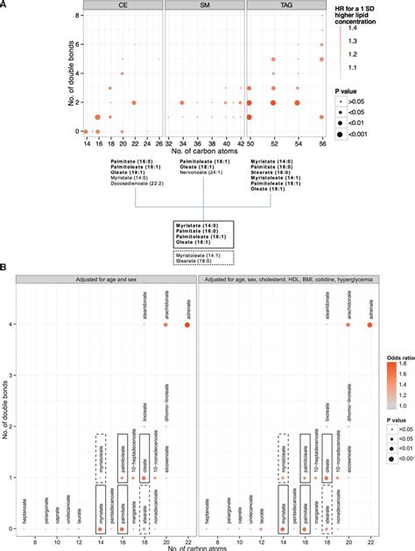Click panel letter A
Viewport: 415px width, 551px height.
point(6,4)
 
